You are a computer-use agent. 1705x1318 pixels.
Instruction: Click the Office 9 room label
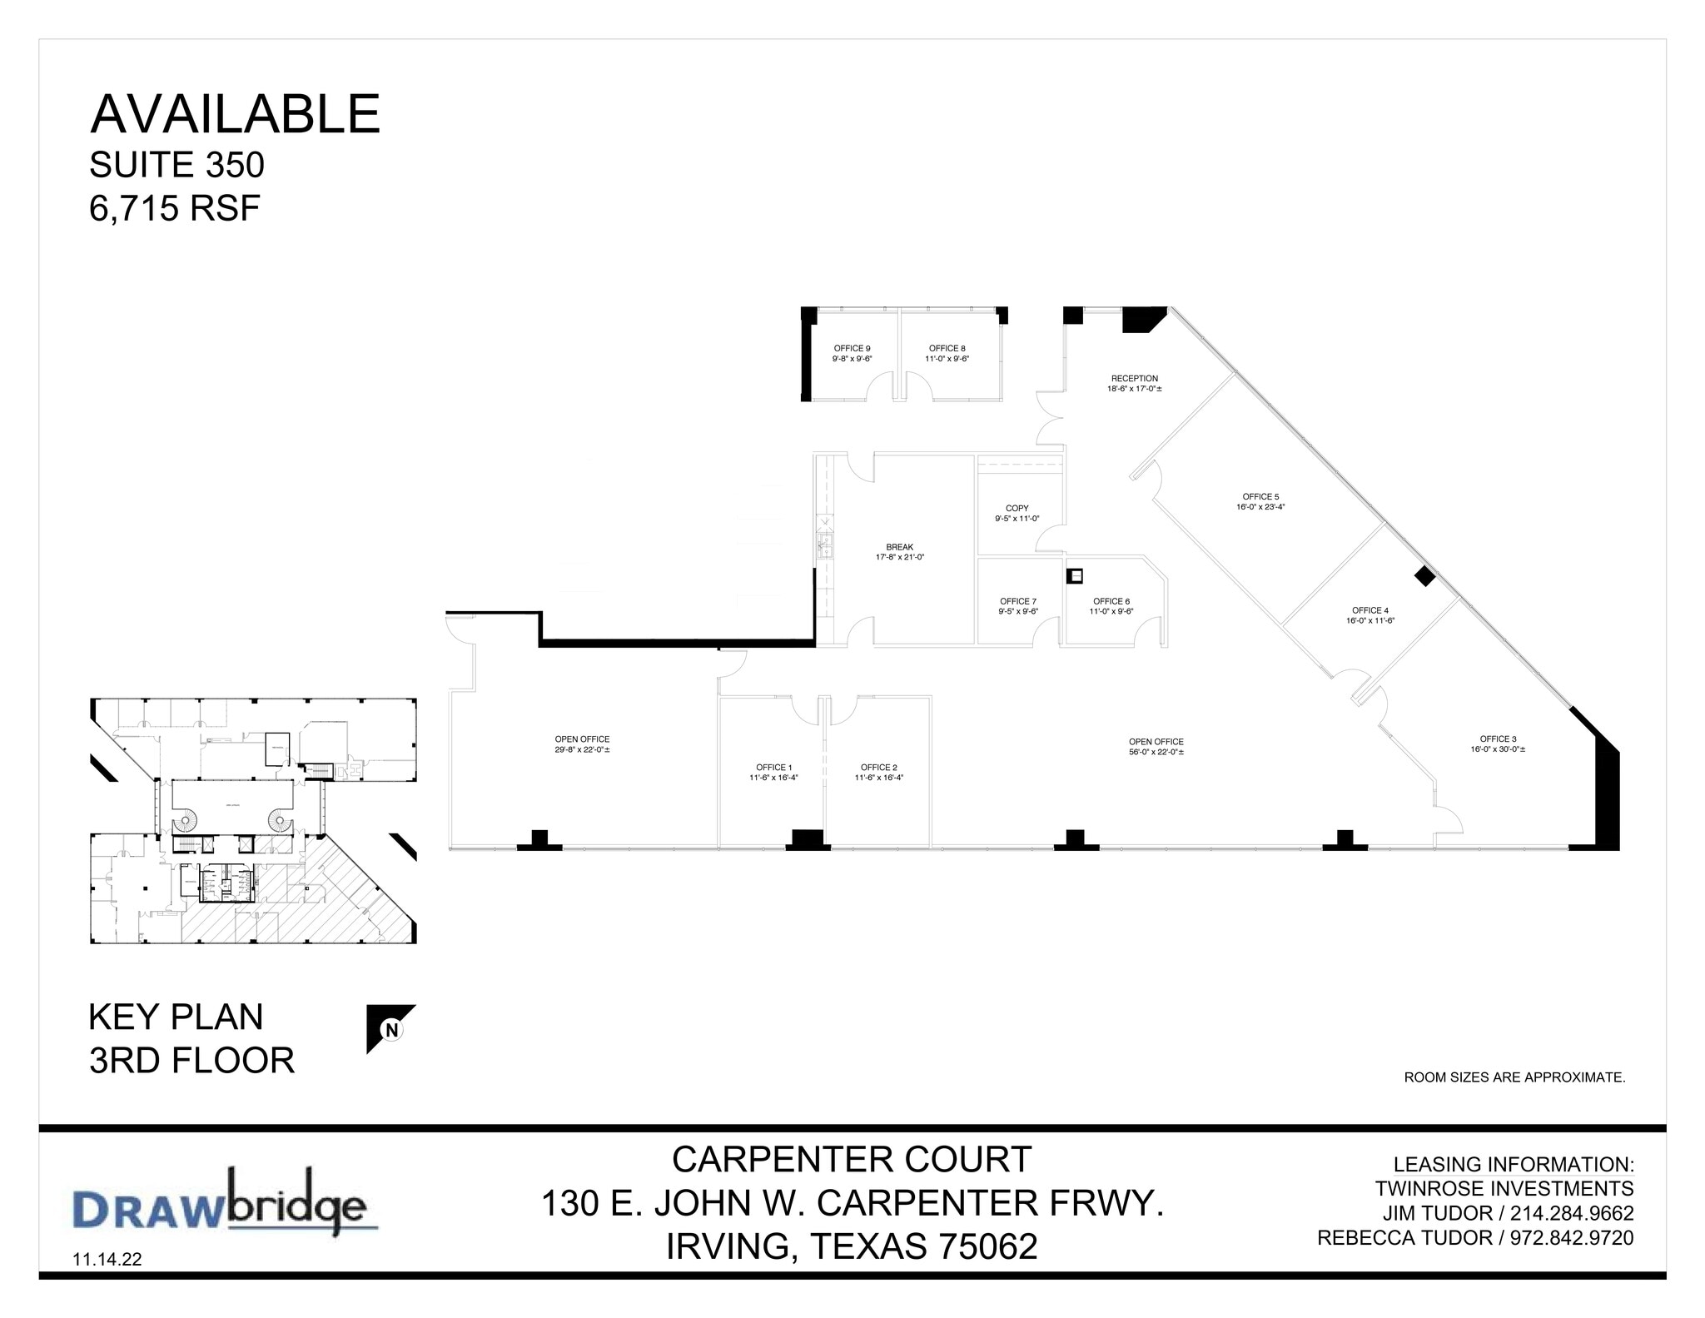852,349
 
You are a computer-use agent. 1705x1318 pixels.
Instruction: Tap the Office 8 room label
947,349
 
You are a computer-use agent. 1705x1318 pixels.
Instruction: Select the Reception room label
1134,379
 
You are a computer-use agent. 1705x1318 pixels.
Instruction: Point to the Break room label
899,547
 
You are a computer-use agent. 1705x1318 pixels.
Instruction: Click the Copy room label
1017,508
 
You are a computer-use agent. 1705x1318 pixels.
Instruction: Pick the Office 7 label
1017,601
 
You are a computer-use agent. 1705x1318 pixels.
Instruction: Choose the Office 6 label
1111,601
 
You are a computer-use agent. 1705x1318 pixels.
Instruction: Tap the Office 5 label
1260,497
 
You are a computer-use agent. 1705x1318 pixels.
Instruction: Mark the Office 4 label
1369,610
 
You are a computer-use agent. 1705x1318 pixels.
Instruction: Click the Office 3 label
1498,739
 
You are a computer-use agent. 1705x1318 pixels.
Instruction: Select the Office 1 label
773,768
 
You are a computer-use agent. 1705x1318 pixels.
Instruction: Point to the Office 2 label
878,768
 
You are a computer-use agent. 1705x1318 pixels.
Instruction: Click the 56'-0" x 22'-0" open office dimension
1156,752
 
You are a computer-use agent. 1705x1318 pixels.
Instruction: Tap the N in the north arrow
391,1029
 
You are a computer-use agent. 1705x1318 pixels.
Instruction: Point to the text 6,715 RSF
175,208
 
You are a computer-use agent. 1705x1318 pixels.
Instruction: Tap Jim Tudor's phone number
1571,1213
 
